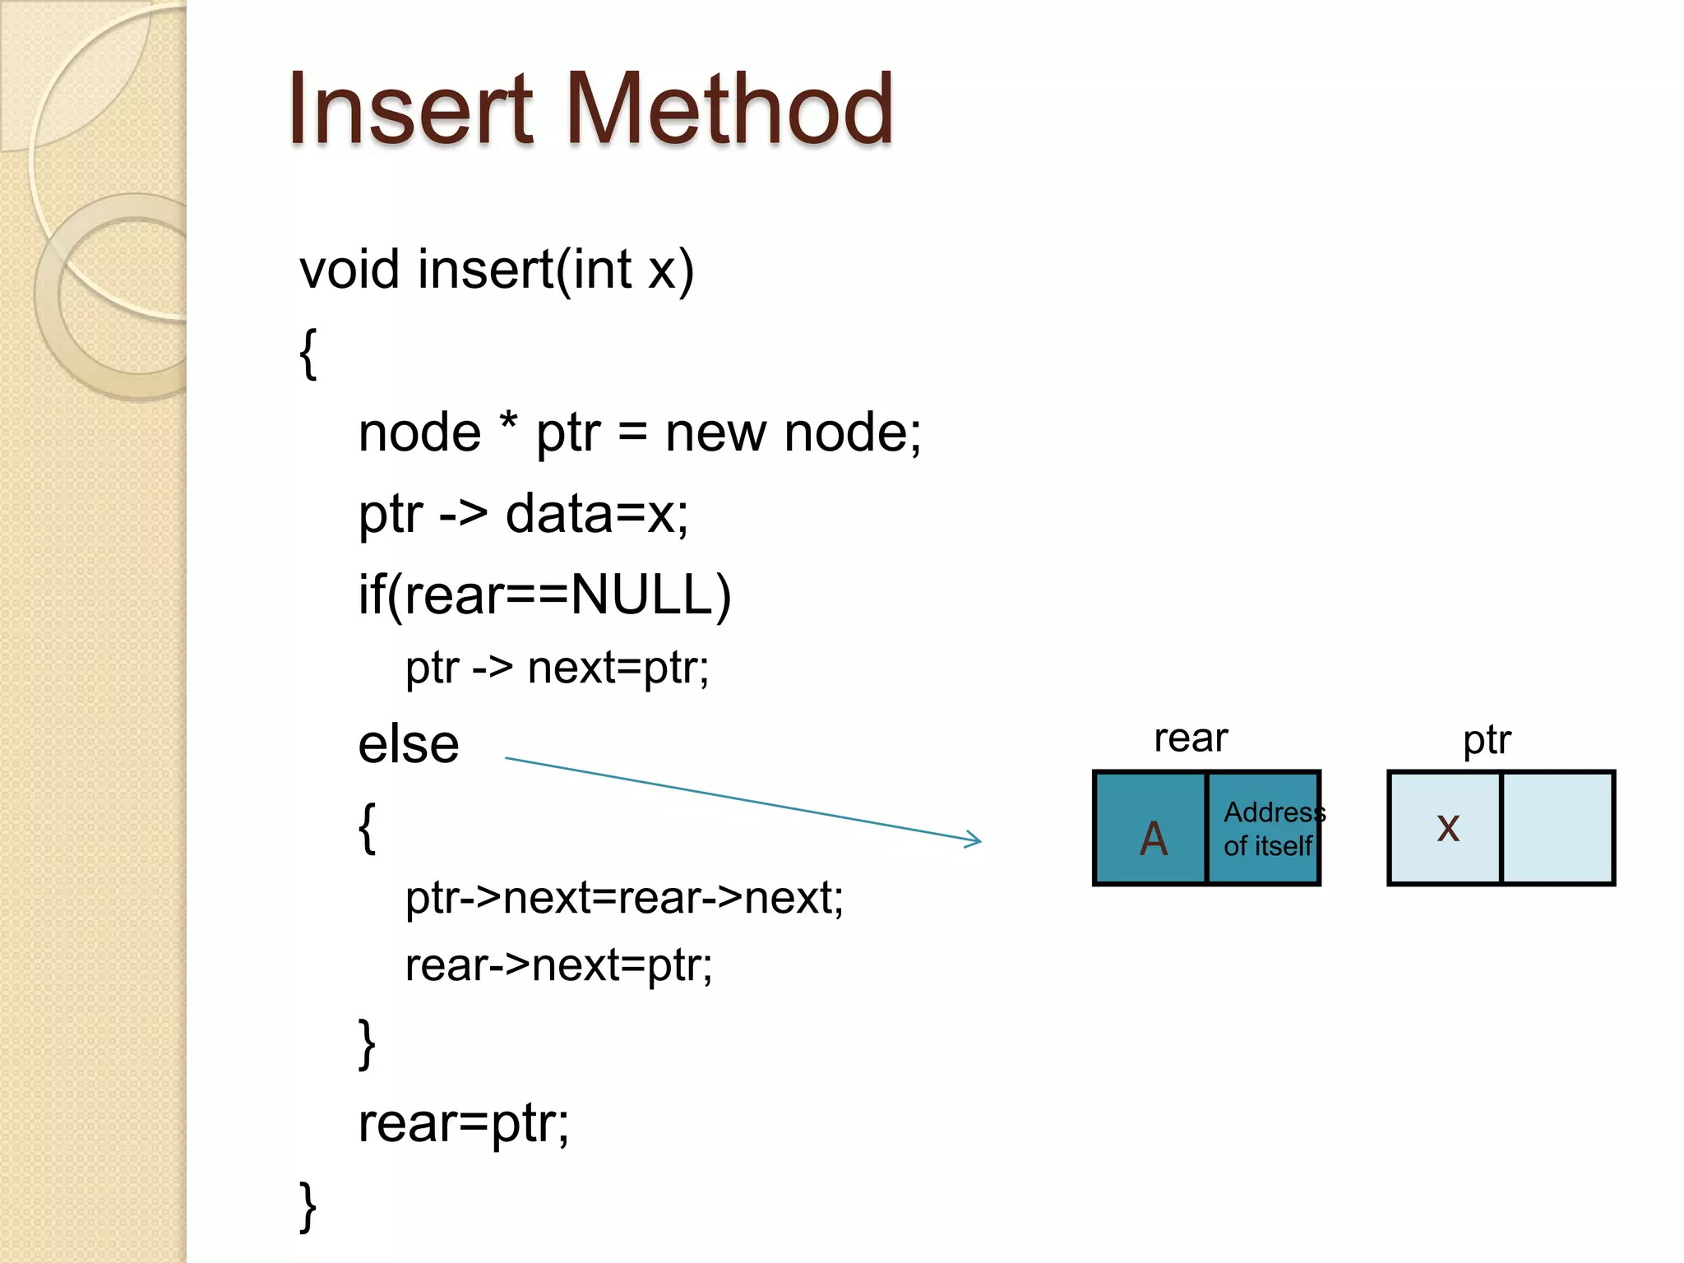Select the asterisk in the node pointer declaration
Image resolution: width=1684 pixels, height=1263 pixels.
click(509, 423)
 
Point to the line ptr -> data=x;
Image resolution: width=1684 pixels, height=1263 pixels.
click(523, 515)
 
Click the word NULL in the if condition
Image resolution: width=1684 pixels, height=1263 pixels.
click(641, 594)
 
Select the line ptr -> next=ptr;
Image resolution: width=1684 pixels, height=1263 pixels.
click(557, 667)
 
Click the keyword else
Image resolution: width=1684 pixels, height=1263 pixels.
click(409, 744)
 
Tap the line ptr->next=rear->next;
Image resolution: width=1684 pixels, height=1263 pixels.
click(624, 897)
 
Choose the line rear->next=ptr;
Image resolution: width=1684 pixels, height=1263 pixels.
click(558, 965)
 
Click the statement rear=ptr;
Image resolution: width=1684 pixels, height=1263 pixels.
click(463, 1123)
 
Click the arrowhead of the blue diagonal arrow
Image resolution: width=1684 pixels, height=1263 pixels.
click(975, 840)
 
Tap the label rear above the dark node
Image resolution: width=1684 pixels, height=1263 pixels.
click(1191, 738)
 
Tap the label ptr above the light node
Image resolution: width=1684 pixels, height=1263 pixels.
click(1487, 740)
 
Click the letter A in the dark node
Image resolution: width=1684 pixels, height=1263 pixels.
click(1154, 838)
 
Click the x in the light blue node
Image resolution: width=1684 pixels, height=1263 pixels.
click(1447, 827)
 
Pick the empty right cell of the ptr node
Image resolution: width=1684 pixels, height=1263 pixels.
click(1557, 828)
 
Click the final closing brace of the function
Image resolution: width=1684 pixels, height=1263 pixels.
click(308, 1206)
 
